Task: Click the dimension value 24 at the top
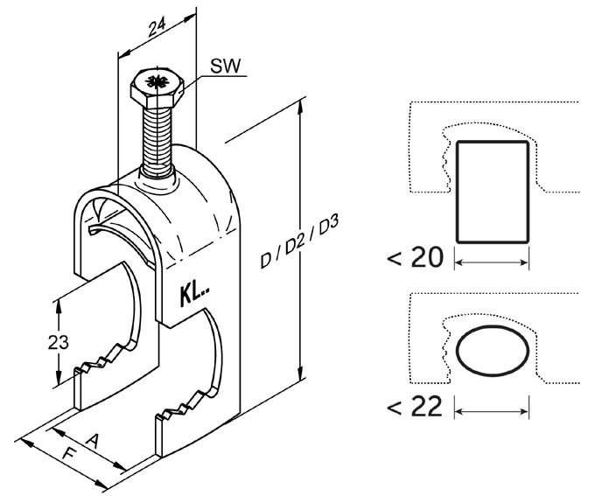pyautogui.click(x=157, y=30)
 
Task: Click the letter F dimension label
pyautogui.click(x=65, y=456)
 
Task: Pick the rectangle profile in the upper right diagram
pyautogui.click(x=493, y=192)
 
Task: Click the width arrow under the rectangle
pyautogui.click(x=493, y=261)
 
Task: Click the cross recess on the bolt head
pyautogui.click(x=158, y=83)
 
